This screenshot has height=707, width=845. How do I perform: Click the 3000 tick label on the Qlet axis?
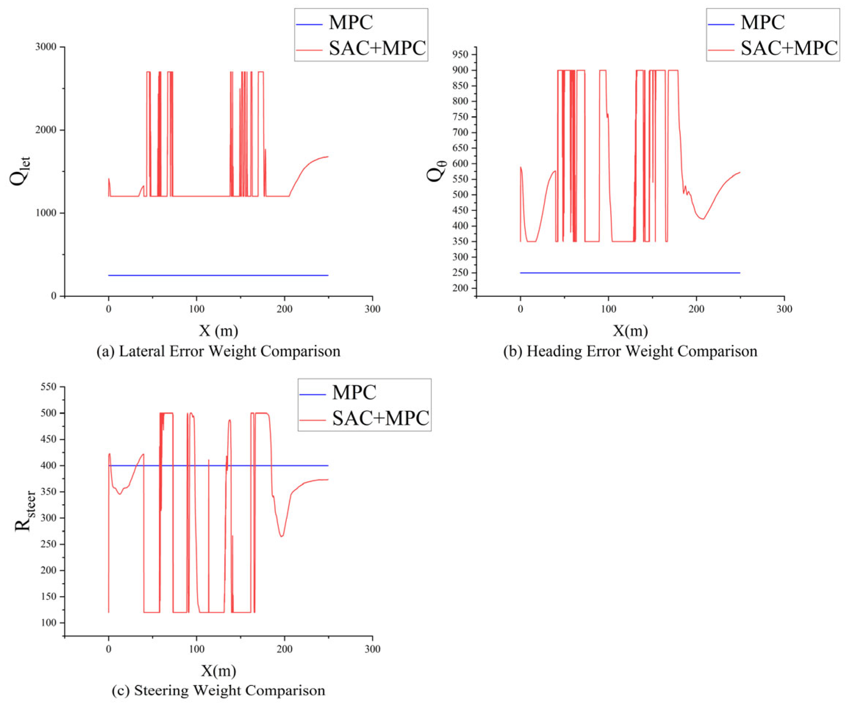coord(46,47)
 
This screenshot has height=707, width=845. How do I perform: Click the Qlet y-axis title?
coord(20,171)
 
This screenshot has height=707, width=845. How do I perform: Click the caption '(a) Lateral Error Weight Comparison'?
coord(219,351)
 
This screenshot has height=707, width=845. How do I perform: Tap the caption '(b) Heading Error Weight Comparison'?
coord(630,351)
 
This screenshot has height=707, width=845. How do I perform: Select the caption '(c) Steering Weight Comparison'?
coord(219,690)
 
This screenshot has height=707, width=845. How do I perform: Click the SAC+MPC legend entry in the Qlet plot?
coord(361,48)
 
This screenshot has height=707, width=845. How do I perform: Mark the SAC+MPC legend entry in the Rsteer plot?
coord(364,418)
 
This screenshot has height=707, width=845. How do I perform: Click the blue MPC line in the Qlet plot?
coord(219,275)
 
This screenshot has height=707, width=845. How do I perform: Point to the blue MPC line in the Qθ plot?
coord(630,273)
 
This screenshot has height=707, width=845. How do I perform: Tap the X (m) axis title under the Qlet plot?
coord(219,331)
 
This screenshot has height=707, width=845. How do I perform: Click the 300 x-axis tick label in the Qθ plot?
coord(784,309)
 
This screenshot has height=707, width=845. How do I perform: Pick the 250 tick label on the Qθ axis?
coord(461,273)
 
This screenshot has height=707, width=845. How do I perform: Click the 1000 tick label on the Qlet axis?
coord(46,213)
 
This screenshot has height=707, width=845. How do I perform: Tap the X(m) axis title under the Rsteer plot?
coord(219,670)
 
